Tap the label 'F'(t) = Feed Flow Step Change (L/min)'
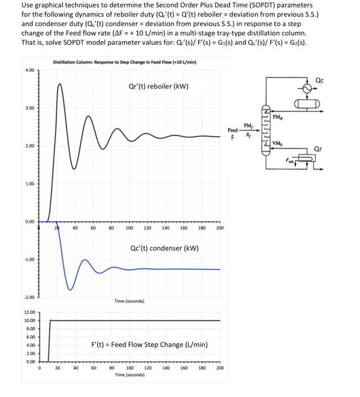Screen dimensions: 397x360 click(x=149, y=344)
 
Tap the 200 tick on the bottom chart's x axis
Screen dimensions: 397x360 click(x=220, y=368)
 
